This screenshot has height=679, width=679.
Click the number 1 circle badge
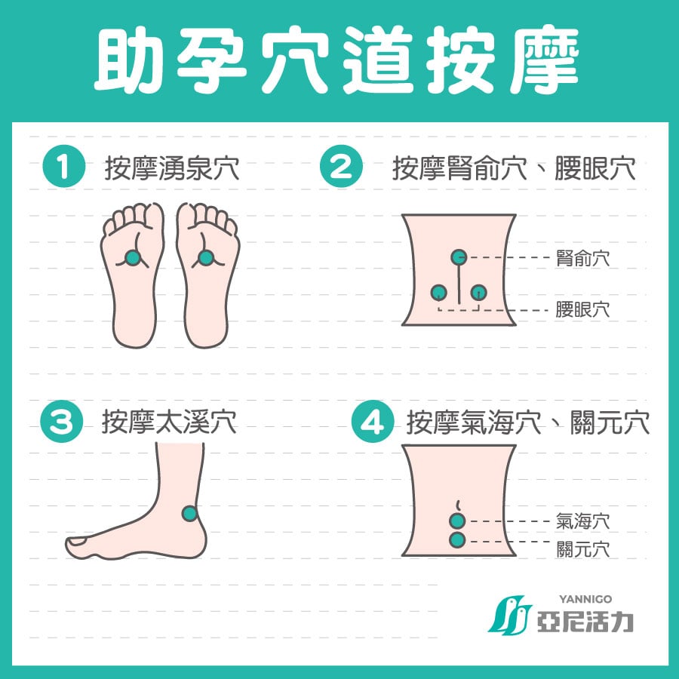click(x=63, y=167)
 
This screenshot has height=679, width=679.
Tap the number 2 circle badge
click(x=341, y=167)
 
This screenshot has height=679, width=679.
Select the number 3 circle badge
click(x=62, y=421)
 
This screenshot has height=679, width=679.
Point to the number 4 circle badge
click(x=373, y=421)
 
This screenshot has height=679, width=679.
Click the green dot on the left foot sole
click(x=133, y=258)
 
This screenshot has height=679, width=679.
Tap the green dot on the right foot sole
click(x=206, y=258)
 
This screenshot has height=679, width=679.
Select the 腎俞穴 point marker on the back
click(x=459, y=257)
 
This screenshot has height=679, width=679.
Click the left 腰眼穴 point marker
click(x=438, y=293)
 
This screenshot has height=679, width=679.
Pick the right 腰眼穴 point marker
click(x=478, y=293)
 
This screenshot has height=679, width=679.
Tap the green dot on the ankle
click(x=189, y=513)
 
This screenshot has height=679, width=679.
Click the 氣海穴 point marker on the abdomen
click(x=458, y=521)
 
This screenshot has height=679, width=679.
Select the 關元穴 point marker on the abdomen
click(x=458, y=540)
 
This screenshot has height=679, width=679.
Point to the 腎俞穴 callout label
click(x=583, y=259)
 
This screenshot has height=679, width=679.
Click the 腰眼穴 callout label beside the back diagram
click(x=583, y=309)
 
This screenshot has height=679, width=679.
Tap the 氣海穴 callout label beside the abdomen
click(x=583, y=521)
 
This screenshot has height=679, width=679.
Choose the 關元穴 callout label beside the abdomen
click(x=583, y=549)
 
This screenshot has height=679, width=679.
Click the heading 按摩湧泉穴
click(x=172, y=168)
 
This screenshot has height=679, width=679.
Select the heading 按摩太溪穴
click(x=169, y=421)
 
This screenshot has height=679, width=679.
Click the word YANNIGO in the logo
click(x=585, y=599)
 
